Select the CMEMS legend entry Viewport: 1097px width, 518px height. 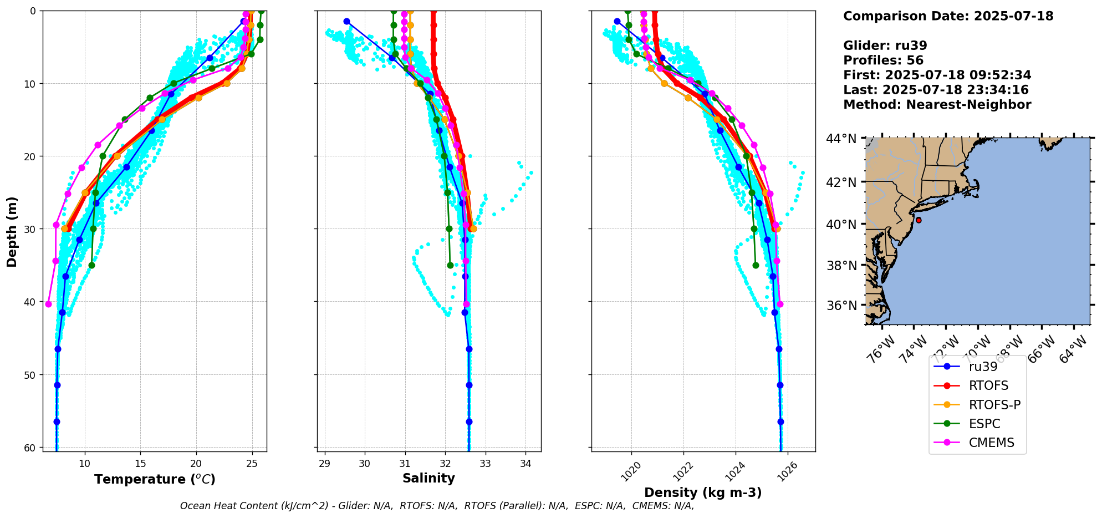click(x=991, y=443)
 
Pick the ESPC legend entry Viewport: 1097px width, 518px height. click(x=984, y=424)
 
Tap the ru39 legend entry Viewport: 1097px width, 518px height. click(x=983, y=367)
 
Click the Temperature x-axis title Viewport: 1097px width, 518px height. click(x=155, y=480)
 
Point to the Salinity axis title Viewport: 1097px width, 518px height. click(x=428, y=479)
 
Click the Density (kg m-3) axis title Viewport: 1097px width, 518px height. click(x=703, y=492)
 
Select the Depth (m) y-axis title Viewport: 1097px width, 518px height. click(x=12, y=231)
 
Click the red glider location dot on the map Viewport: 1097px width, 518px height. click(x=919, y=220)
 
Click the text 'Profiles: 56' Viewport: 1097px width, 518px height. click(x=883, y=60)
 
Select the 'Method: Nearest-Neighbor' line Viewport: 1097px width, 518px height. click(x=937, y=105)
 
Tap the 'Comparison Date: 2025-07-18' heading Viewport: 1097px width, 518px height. click(x=948, y=16)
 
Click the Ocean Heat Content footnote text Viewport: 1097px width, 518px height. click(x=437, y=506)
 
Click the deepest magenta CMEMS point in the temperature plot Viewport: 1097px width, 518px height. click(x=48, y=304)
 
